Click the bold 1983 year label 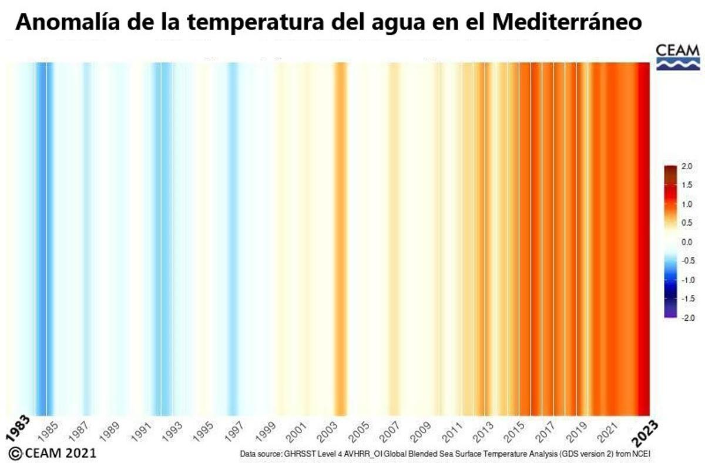pyautogui.click(x=18, y=431)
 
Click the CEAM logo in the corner pyautogui.click(x=677, y=57)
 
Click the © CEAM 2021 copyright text pyautogui.click(x=52, y=453)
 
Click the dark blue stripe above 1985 pyautogui.click(x=42, y=235)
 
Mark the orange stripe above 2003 pyautogui.click(x=340, y=235)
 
